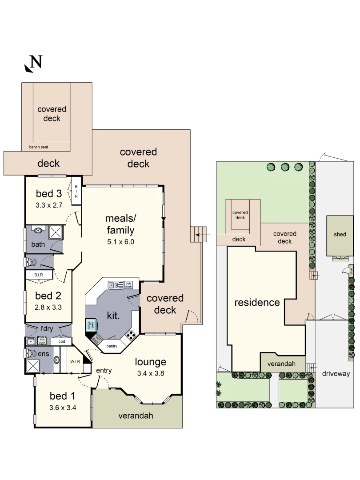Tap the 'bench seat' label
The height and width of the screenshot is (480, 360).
(x=39, y=147)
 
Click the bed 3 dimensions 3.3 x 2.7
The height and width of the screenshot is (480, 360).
(x=49, y=206)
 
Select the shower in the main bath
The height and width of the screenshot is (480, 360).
(x=56, y=232)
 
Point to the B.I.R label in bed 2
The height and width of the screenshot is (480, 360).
(x=39, y=275)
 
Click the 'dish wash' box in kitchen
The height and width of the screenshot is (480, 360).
(x=128, y=285)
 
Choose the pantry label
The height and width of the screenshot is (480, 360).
(x=112, y=344)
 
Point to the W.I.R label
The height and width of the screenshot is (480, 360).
(x=75, y=361)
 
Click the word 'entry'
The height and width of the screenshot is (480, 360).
(x=104, y=370)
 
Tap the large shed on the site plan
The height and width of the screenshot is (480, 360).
(x=340, y=235)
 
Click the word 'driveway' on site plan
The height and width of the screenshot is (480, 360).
(x=336, y=374)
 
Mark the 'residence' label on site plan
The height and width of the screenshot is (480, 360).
(x=257, y=303)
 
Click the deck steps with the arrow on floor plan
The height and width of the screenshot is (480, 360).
(x=200, y=234)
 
